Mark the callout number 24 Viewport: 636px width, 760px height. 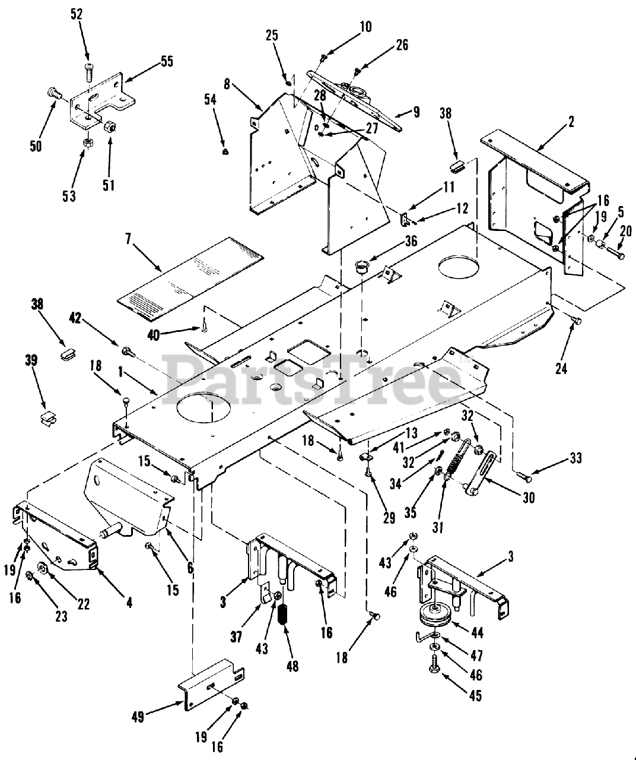[x=561, y=368]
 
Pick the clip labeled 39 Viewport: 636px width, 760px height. [x=45, y=417]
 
